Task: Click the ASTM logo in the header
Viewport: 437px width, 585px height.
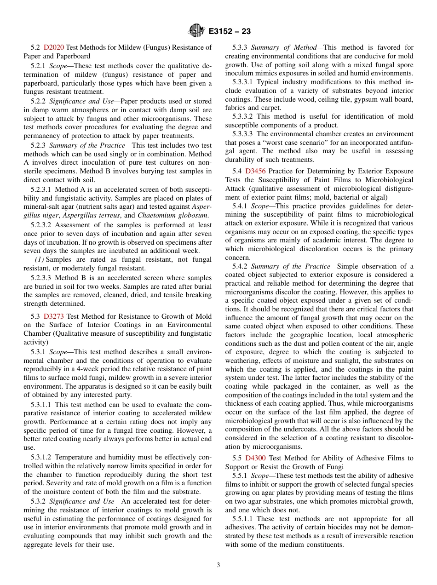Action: click(196, 31)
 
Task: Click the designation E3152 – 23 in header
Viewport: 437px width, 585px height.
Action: click(230, 32)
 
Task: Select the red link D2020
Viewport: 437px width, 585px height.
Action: click(54, 47)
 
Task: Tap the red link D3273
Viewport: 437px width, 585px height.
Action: click(53, 316)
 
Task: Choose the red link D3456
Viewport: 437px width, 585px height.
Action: click(255, 171)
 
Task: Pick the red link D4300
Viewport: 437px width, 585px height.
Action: click(255, 458)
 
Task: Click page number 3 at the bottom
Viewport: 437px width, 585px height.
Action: click(218, 565)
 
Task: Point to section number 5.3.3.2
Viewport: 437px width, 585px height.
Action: click(242, 116)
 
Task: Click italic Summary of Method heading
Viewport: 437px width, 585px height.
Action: click(284, 47)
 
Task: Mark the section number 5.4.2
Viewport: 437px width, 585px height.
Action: click(240, 266)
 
